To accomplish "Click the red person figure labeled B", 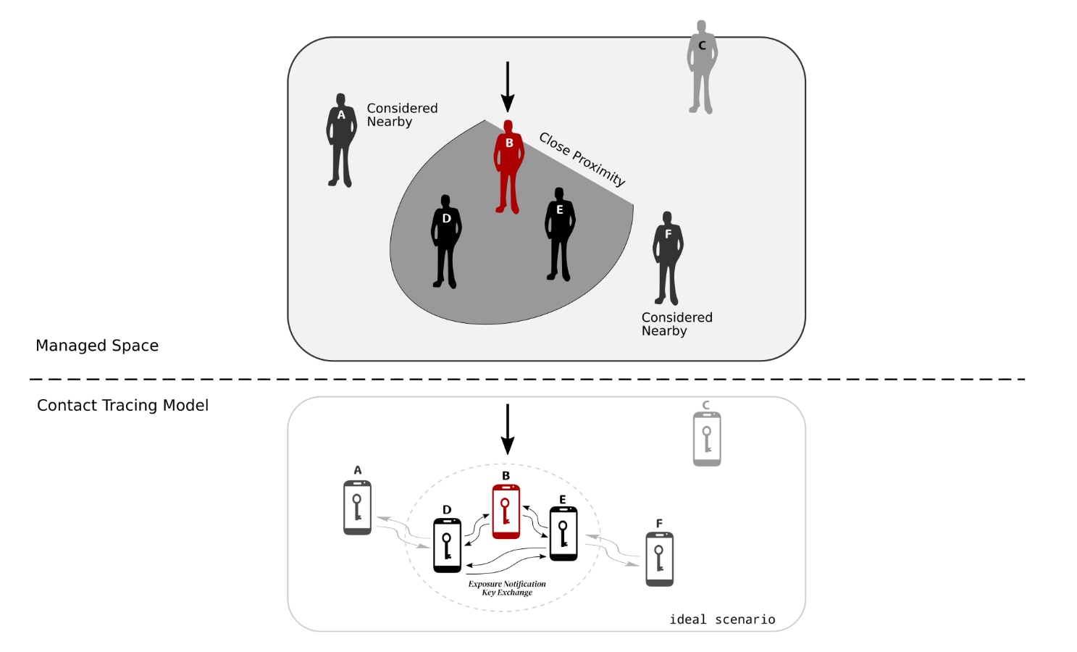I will point(508,167).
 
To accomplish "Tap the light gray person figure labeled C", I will point(702,67).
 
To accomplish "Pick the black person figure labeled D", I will point(446,241).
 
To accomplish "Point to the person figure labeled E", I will point(559,234).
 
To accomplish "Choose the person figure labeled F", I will point(668,258).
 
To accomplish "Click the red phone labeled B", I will point(506,511).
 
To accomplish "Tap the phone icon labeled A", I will point(358,508).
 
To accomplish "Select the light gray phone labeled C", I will point(707,439).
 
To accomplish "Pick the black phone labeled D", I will point(447,546).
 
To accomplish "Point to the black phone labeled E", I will point(563,534).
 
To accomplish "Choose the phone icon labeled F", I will point(659,559).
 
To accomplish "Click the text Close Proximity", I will point(582,159).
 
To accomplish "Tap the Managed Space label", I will point(97,346).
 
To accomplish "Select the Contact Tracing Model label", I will point(122,405).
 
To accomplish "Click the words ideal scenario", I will point(722,619).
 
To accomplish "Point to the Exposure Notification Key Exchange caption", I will point(507,588).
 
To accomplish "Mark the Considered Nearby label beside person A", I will point(402,114).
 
